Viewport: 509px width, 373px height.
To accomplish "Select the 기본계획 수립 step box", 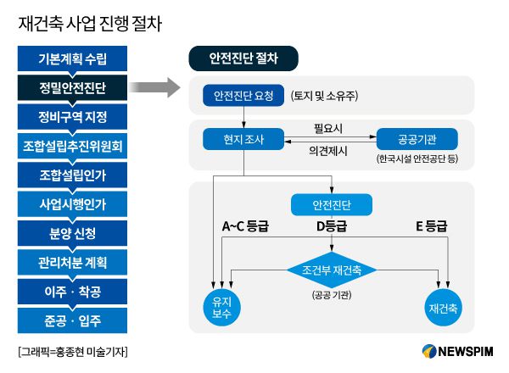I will pyautogui.click(x=72, y=58).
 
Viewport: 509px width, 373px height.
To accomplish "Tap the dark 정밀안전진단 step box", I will pyautogui.click(x=72, y=87).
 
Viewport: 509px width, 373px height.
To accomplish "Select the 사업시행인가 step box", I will pyautogui.click(x=72, y=204).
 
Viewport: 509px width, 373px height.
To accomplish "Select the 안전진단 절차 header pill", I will pyautogui.click(x=243, y=58).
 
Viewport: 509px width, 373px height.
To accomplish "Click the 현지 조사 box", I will pyautogui.click(x=243, y=138).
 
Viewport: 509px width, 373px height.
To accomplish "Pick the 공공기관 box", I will pyautogui.click(x=416, y=138).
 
